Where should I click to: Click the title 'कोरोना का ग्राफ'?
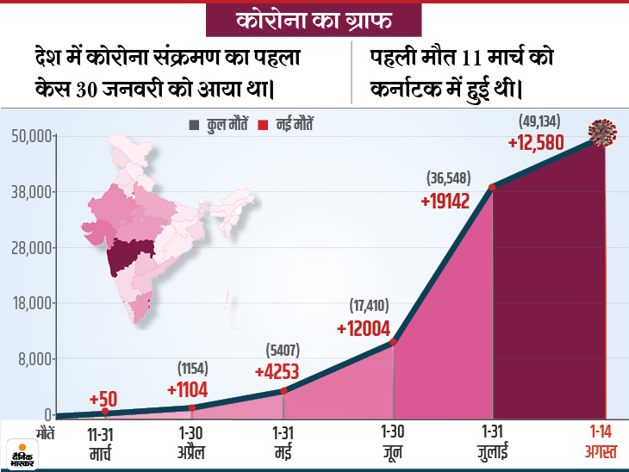tap(314, 19)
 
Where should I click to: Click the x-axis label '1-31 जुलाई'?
tap(491, 442)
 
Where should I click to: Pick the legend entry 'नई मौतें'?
tap(290, 125)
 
